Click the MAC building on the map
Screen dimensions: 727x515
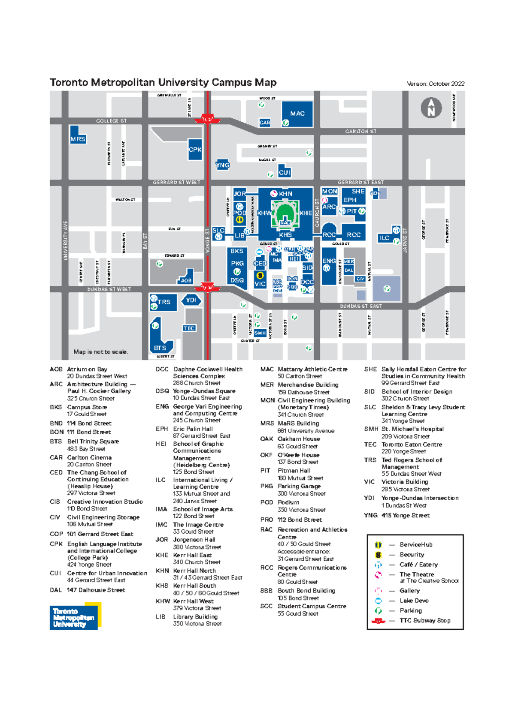tap(297, 114)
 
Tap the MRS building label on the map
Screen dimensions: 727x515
tap(78, 139)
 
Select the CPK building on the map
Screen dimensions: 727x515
tap(195, 150)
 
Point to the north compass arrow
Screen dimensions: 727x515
tap(431, 108)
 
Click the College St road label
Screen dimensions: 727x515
tap(111, 121)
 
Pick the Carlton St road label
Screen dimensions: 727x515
tap(360, 131)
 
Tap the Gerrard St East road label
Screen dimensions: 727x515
tap(360, 182)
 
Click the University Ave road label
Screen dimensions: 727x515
tap(65, 240)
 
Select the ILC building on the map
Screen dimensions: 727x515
tap(385, 238)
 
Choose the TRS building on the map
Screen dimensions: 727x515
tap(164, 302)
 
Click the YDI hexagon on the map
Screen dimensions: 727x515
tap(191, 300)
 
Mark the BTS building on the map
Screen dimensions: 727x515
tap(160, 348)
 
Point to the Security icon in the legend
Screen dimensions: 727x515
tap(378, 555)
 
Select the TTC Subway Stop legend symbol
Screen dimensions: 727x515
tap(378, 621)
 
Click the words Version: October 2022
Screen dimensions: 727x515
tap(435, 84)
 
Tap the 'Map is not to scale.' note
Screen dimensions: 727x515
tap(100, 352)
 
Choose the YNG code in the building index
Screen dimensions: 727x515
tap(370, 515)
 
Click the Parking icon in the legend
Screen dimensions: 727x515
tap(378, 610)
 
